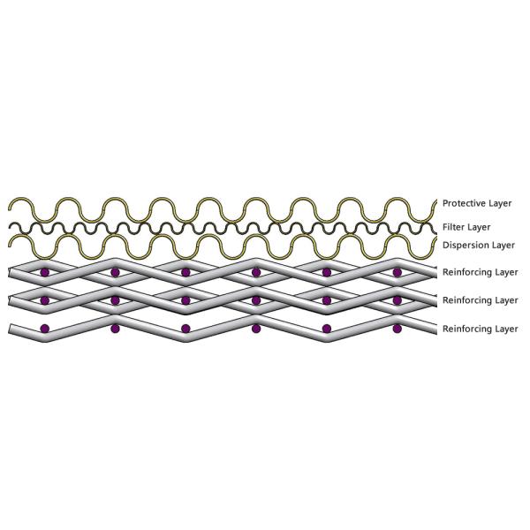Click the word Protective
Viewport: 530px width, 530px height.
click(x=464, y=203)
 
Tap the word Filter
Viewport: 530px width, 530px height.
click(x=453, y=227)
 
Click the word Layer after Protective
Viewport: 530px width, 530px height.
click(x=500, y=203)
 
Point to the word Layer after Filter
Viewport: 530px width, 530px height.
click(x=479, y=227)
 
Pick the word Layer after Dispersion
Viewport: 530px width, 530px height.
click(x=503, y=245)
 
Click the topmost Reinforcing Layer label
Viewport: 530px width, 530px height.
click(x=480, y=272)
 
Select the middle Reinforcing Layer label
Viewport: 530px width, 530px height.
click(x=480, y=300)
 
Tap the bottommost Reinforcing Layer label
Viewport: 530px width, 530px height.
click(x=480, y=329)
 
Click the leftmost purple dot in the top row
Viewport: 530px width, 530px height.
click(x=44, y=272)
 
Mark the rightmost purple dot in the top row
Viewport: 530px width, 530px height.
click(x=397, y=272)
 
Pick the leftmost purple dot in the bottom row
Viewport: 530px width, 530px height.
click(x=44, y=329)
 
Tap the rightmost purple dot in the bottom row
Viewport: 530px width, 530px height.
click(x=397, y=329)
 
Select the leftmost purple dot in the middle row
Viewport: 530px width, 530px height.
click(x=44, y=300)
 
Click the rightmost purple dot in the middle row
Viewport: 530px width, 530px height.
click(x=397, y=300)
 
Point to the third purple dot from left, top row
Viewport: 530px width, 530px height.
click(x=185, y=272)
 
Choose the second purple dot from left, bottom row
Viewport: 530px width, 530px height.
click(x=115, y=329)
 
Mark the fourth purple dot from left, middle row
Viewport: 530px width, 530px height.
click(x=256, y=300)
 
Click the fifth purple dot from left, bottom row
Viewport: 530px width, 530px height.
click(x=327, y=329)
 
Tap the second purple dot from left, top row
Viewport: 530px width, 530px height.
click(x=115, y=272)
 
